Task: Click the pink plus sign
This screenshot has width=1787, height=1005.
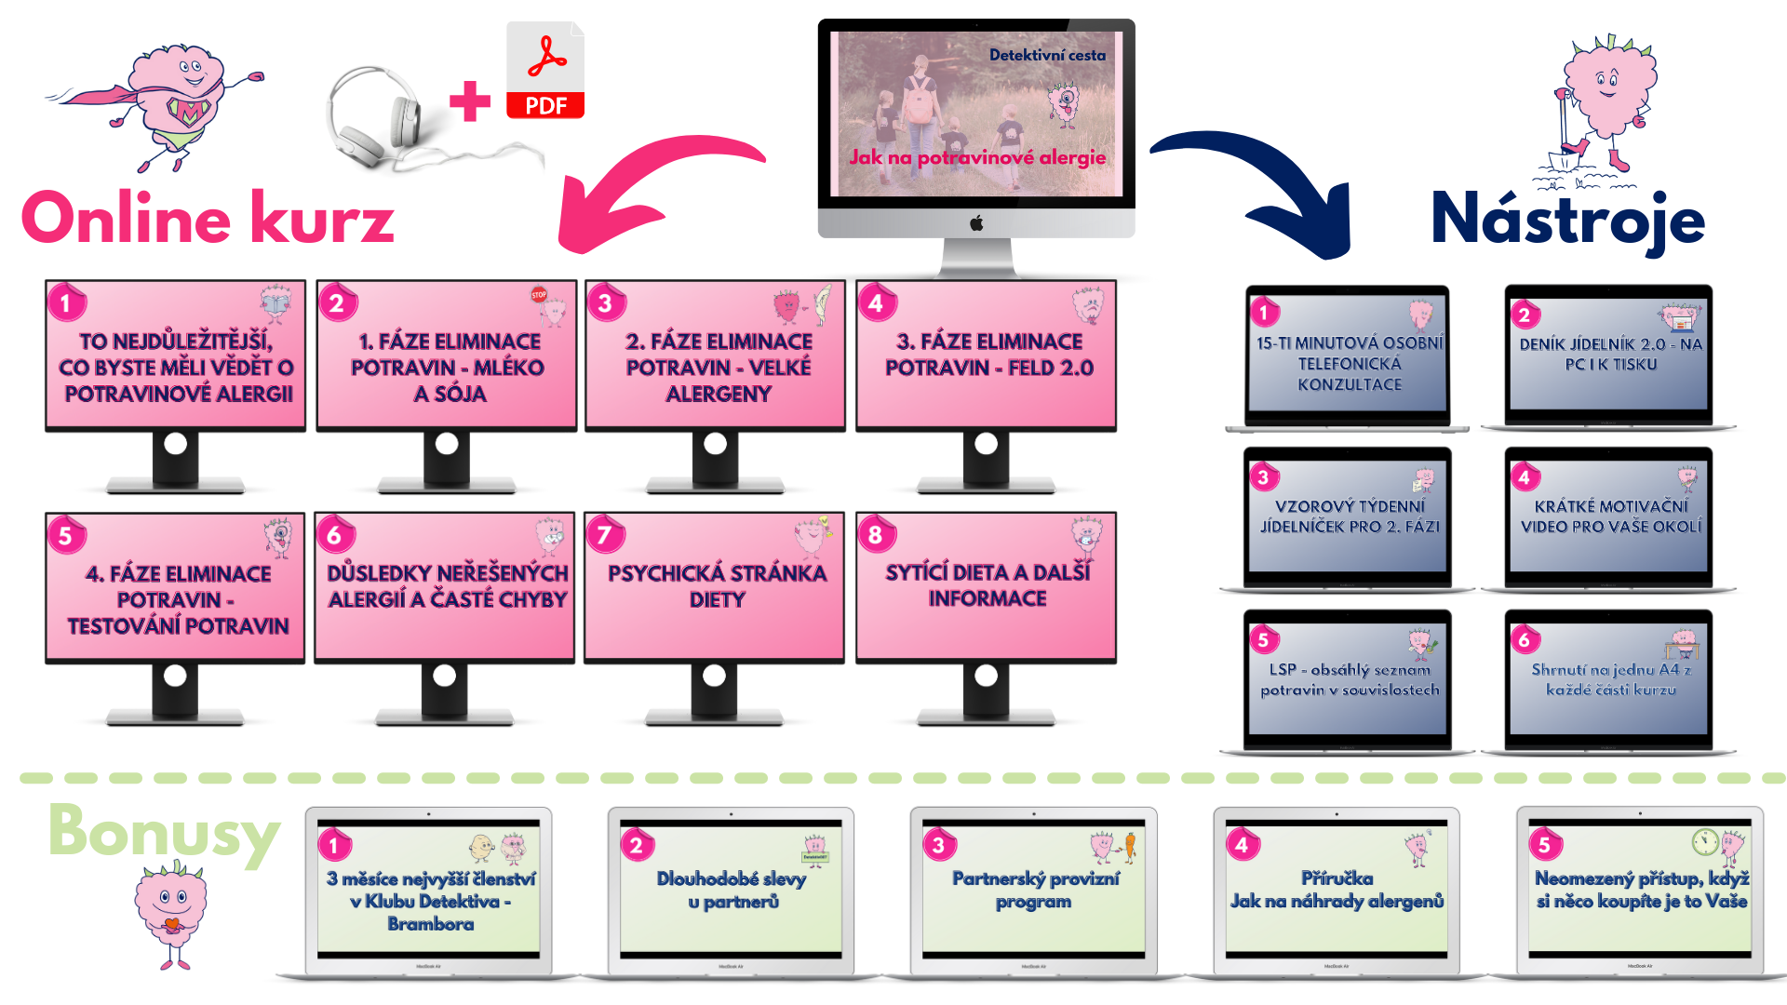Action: (x=469, y=101)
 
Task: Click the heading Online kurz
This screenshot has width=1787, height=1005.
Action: (x=208, y=220)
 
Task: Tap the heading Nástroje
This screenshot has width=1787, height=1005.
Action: (x=1567, y=220)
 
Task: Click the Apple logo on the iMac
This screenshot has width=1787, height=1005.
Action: (x=976, y=223)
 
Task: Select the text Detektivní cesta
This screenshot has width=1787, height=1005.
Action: (x=1047, y=55)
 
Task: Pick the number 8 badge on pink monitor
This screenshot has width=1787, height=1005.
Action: (x=875, y=534)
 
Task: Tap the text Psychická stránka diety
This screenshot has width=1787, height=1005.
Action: (x=717, y=585)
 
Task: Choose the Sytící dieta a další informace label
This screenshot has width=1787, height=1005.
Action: (x=988, y=585)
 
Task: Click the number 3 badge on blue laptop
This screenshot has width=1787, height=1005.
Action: (x=1263, y=477)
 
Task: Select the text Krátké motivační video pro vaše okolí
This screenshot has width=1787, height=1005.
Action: (x=1611, y=516)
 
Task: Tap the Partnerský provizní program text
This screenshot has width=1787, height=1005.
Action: (x=1035, y=890)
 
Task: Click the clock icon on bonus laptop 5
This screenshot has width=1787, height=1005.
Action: (x=1704, y=841)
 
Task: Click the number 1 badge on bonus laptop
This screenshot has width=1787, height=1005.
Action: (x=333, y=845)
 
